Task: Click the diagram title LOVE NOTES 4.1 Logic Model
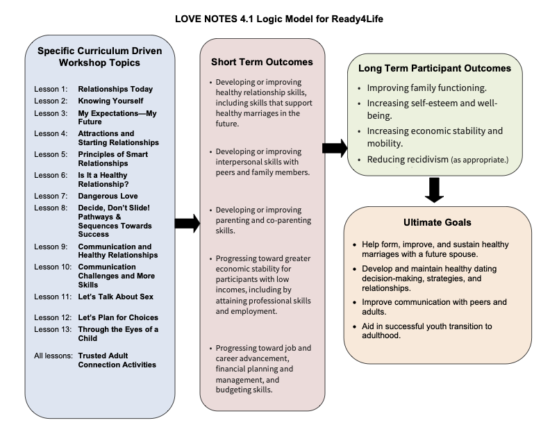279,19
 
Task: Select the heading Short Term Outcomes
262,62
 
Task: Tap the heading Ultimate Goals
437,222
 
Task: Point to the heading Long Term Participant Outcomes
435,68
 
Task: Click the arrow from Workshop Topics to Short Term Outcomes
187,224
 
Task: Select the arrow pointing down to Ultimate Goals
434,190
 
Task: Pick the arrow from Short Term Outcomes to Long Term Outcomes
335,148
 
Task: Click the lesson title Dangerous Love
108,196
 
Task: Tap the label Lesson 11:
53,297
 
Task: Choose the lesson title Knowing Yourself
110,101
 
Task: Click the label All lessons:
53,356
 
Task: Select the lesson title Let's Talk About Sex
116,297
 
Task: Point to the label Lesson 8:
51,208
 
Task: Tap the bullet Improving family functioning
427,88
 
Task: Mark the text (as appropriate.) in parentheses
479,160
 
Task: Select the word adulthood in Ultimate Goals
381,335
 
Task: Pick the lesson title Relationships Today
115,89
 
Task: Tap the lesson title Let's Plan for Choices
118,317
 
